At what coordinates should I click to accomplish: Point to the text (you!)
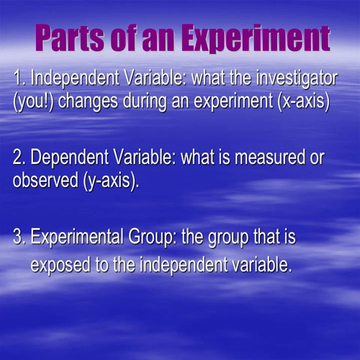pyautogui.click(x=33, y=101)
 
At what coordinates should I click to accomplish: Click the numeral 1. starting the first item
pyautogui.click(x=19, y=78)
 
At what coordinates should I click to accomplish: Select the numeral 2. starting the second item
pyautogui.click(x=20, y=158)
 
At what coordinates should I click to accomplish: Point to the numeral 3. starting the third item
pyautogui.click(x=20, y=237)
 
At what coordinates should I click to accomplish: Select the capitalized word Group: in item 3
pyautogui.click(x=156, y=237)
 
